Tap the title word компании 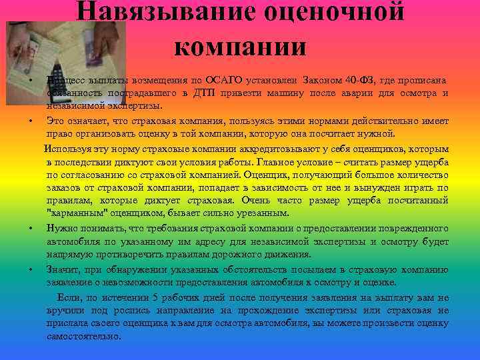coord(240,46)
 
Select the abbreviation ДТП coord(210,93)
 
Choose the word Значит coord(62,269)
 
